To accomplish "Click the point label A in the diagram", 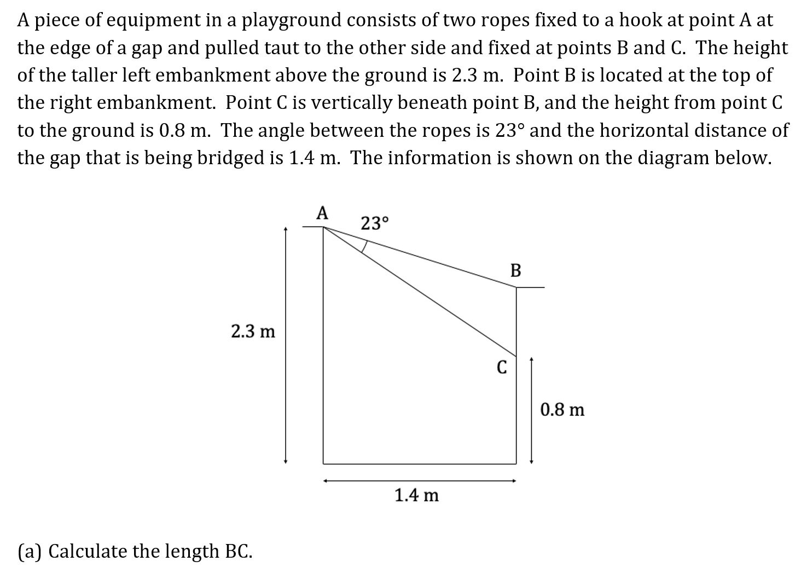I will click(323, 212).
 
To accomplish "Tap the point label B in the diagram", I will click(515, 270).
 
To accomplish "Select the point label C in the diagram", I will click(501, 367).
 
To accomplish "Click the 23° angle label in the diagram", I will click(375, 223).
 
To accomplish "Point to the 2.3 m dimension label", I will click(253, 331).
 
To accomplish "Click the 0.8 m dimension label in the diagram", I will click(562, 409).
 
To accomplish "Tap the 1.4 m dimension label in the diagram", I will click(416, 496).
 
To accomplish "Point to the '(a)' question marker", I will click(30, 551).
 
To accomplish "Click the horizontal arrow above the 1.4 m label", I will click(419, 481).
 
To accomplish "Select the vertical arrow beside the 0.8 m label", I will click(531, 410).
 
